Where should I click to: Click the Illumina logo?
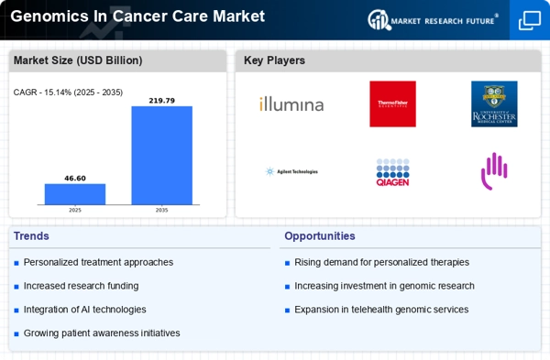(x=291, y=104)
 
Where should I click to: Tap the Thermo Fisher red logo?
(x=392, y=104)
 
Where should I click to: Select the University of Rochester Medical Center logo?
(x=494, y=104)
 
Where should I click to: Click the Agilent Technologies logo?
(x=291, y=171)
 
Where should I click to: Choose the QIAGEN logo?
(x=392, y=171)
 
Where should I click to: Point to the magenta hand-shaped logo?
(x=494, y=169)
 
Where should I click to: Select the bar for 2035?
(x=162, y=155)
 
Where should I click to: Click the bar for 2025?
(x=75, y=193)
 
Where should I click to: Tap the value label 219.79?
(x=162, y=101)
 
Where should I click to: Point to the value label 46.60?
(x=75, y=179)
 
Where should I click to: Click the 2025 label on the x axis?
(x=75, y=210)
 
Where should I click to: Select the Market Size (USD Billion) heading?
(x=77, y=60)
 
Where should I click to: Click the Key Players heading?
(x=274, y=60)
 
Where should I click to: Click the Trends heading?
(x=32, y=236)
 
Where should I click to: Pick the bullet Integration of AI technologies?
(x=84, y=310)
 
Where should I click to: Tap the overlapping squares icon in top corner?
(x=530, y=20)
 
